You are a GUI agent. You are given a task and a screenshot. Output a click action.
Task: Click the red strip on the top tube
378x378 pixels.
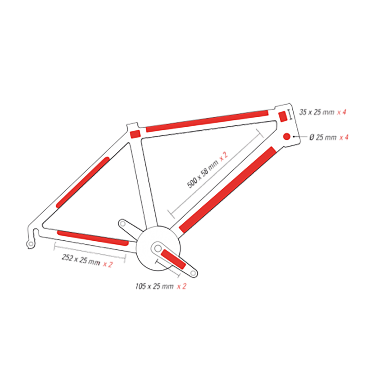[x=207, y=121]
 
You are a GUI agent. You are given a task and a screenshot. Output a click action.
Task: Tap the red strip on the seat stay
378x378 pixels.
[x=83, y=182]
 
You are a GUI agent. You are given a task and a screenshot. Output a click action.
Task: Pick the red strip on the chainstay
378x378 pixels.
[x=93, y=238]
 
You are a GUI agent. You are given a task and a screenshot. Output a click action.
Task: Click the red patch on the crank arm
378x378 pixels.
[x=173, y=259]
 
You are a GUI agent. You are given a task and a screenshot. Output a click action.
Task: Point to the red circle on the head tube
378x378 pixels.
[x=287, y=136]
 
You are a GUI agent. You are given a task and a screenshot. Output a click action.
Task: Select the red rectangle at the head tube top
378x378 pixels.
[x=283, y=116]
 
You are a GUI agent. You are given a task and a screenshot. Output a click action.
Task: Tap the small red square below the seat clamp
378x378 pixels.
[x=135, y=134]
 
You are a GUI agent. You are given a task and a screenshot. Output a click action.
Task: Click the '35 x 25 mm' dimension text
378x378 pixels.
[x=316, y=112]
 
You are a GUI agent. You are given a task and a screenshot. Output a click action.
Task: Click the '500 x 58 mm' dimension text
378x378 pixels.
[x=203, y=174]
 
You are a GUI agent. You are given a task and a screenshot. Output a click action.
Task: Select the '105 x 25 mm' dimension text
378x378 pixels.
[x=154, y=286]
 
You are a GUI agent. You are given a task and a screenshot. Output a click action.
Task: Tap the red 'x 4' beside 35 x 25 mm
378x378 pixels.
[x=341, y=112]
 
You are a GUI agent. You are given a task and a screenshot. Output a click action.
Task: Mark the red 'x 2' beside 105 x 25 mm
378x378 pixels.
[x=181, y=286]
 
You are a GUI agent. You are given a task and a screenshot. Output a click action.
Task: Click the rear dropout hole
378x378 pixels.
[x=31, y=244]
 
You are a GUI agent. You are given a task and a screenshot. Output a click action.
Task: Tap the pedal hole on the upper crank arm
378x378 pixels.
[x=123, y=223]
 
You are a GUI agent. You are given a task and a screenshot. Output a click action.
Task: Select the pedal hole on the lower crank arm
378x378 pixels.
[x=193, y=273]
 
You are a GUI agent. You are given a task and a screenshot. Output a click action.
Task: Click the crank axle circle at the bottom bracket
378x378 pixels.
[x=157, y=249]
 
